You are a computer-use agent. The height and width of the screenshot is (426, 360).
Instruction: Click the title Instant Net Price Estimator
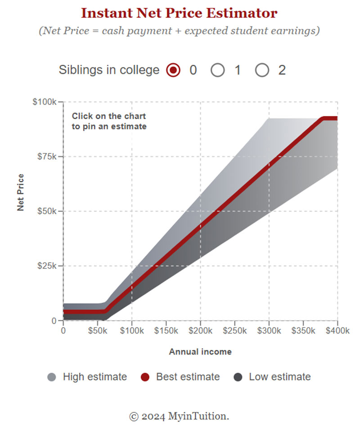[179, 13]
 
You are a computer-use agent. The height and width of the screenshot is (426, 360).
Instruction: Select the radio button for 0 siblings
[173, 70]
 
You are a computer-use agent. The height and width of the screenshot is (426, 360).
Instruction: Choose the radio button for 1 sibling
[218, 70]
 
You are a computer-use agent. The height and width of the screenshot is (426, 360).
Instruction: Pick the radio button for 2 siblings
[262, 70]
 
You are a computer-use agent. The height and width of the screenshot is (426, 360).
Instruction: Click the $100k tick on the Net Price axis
[45, 102]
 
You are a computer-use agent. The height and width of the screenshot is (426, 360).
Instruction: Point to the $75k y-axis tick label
[46, 157]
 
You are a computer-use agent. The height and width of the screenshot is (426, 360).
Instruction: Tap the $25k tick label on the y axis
[46, 266]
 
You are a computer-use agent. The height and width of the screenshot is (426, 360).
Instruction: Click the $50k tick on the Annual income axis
[97, 331]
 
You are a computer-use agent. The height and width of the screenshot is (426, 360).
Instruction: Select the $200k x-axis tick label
[200, 331]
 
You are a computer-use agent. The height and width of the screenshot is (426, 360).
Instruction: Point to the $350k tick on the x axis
[303, 331]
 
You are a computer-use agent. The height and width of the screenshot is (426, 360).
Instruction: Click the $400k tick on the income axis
[337, 331]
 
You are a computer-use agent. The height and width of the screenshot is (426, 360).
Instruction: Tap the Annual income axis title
[200, 352]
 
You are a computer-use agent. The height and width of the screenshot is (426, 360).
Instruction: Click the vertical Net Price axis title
[21, 193]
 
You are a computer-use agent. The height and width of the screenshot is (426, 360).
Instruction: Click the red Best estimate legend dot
[144, 377]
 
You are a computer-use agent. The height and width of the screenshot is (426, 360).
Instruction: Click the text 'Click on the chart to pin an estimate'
[109, 121]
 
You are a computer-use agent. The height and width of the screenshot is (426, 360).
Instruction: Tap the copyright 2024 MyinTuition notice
[179, 416]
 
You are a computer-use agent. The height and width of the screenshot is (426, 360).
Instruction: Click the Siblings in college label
[109, 70]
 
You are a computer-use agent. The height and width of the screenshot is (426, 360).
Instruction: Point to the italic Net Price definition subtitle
[179, 31]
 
